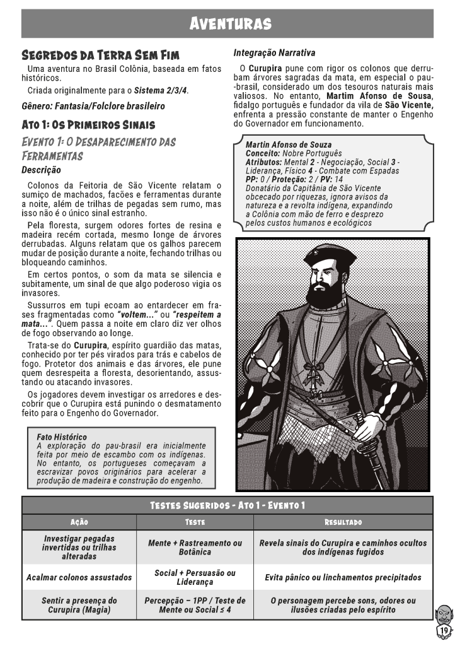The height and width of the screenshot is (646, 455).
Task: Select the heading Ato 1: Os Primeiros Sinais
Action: (88, 125)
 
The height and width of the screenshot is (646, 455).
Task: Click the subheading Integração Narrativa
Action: (274, 53)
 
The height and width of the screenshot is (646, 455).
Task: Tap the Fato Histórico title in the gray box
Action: (62, 437)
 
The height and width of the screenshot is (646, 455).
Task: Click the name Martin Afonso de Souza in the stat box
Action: (288, 145)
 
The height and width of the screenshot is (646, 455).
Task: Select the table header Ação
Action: (79, 522)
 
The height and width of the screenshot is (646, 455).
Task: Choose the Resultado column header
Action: (343, 522)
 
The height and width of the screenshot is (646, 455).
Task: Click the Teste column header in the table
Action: (195, 522)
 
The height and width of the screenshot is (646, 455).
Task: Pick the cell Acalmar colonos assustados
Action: (79, 577)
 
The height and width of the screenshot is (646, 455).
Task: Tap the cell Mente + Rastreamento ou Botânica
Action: (195, 547)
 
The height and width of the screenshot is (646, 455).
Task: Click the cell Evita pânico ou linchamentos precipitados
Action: (343, 577)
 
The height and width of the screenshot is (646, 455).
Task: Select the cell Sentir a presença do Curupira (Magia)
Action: (79, 605)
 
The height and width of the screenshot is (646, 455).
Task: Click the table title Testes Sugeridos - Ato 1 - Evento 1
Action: (227, 505)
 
